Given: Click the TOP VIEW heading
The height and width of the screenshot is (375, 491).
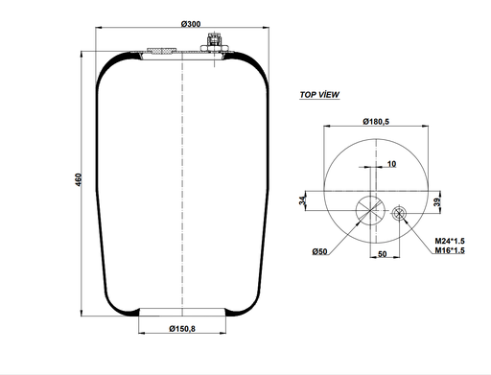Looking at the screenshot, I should (319, 96).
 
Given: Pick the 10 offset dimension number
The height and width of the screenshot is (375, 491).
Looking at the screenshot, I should (392, 164).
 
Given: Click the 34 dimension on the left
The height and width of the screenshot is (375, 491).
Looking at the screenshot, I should (303, 201).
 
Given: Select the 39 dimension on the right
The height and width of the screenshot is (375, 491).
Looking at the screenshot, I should (436, 201).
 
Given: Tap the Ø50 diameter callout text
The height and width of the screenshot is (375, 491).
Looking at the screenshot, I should (319, 251).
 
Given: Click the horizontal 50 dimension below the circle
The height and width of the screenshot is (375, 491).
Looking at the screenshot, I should (381, 255).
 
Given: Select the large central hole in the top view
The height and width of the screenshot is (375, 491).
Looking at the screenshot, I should (367, 209).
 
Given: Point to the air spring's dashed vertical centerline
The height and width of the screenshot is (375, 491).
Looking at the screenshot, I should (181, 192).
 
